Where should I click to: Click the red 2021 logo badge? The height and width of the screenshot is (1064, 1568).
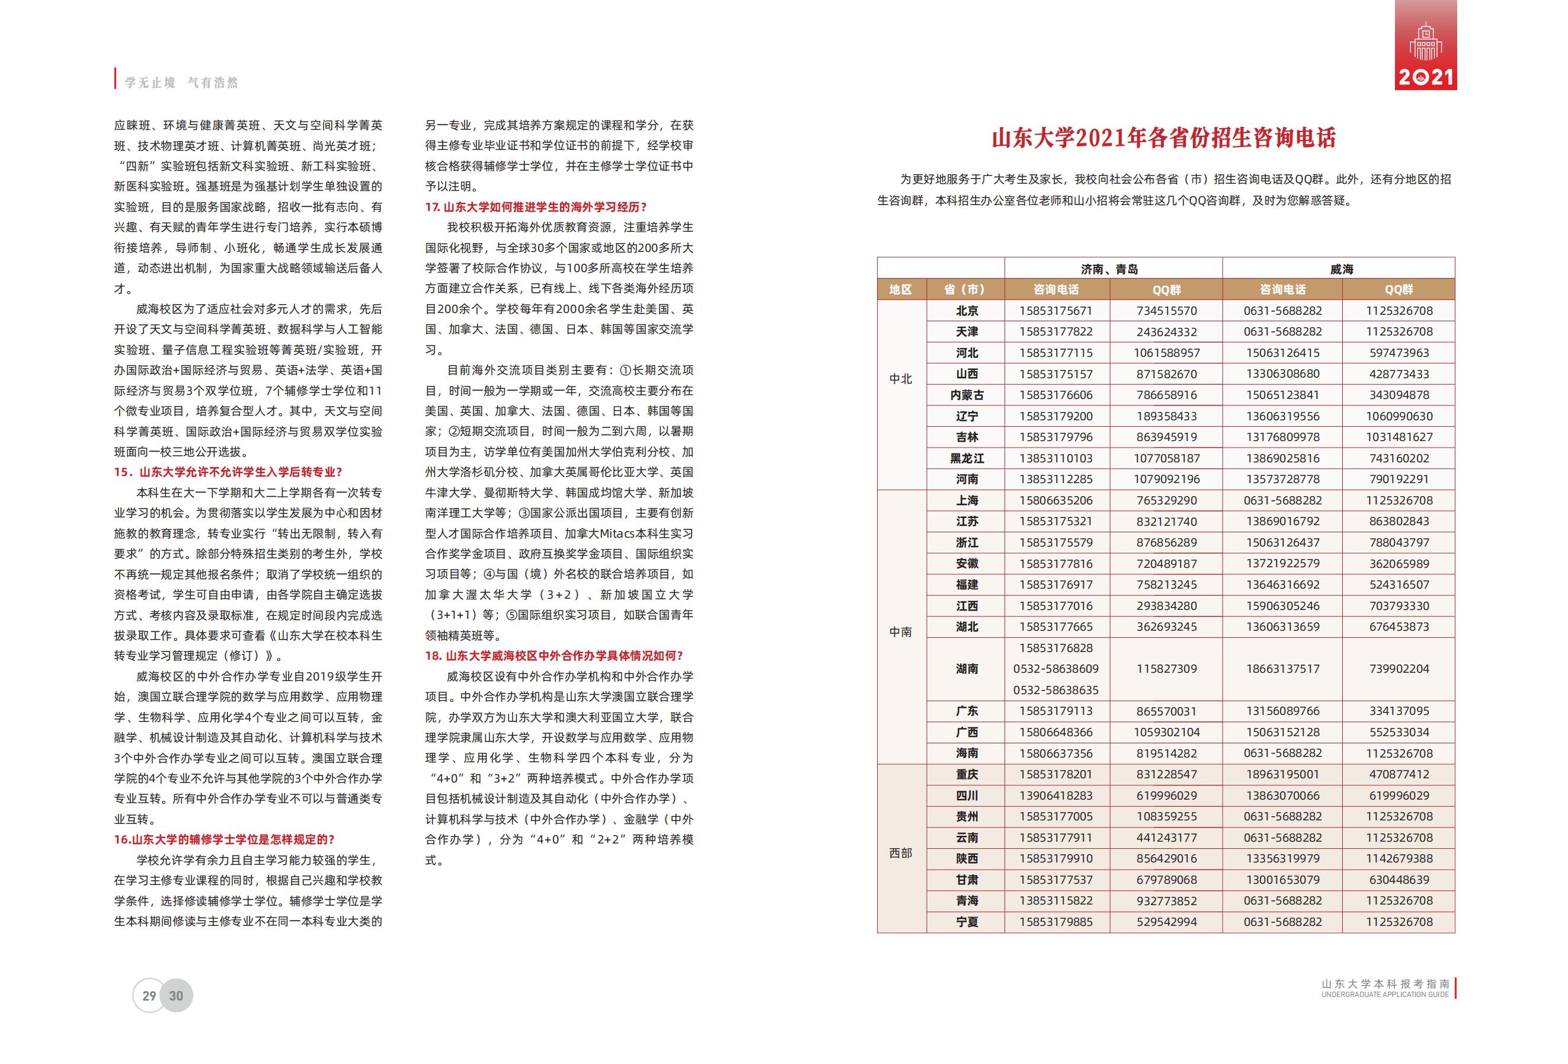point(1426,46)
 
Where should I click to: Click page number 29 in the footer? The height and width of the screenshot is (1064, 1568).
point(149,996)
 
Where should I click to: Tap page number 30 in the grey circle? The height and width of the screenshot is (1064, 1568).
point(176,996)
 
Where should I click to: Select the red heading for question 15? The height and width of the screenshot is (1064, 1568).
point(228,472)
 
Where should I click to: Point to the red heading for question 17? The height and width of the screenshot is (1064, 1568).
point(536,207)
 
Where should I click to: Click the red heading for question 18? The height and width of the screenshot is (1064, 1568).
point(554,656)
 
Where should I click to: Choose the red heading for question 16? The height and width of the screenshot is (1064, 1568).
point(224,839)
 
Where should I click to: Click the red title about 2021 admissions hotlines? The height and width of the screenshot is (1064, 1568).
point(1164,138)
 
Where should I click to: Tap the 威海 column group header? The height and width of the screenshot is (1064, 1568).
point(1341,269)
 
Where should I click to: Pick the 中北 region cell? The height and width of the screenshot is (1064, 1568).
point(901,379)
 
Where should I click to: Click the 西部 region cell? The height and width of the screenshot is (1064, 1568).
point(901,854)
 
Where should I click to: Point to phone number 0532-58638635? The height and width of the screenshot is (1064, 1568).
point(1056,689)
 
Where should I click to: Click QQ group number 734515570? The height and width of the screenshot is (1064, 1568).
point(1167,311)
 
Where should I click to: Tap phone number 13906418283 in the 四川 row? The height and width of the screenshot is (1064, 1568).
point(1056,795)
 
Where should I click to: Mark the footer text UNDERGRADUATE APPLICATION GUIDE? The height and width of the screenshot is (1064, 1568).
point(1385,995)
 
